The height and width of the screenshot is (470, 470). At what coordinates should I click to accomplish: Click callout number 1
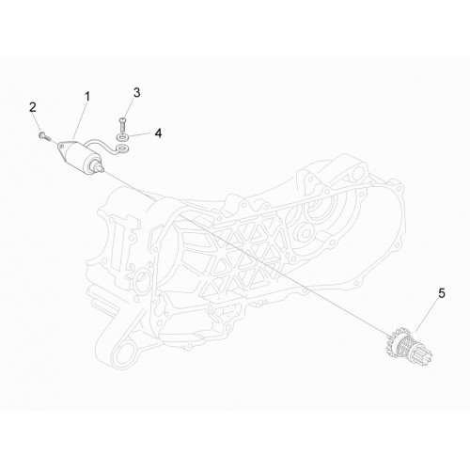coord(87,97)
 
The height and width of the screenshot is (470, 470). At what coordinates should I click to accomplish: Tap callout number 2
coord(33,107)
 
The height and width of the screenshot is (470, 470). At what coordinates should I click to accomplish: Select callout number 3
coord(136,93)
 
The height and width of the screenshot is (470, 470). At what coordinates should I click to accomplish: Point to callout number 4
coord(159,133)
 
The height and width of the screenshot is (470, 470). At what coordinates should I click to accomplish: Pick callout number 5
coord(442,294)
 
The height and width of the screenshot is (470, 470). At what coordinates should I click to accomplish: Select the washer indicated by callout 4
coord(121,137)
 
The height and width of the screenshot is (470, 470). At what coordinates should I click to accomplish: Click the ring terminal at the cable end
coord(121,148)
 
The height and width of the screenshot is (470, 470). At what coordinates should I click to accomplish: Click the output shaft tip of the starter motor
coord(102,169)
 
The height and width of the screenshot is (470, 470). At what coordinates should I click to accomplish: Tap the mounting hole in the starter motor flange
coord(62,146)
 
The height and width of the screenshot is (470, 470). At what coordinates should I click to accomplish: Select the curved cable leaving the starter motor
coord(102,143)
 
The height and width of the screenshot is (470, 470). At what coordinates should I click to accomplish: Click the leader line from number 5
coord(428,315)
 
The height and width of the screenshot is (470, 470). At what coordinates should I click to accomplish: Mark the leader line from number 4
coord(140,135)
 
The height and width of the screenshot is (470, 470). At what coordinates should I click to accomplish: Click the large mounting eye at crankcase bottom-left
coord(123,355)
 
